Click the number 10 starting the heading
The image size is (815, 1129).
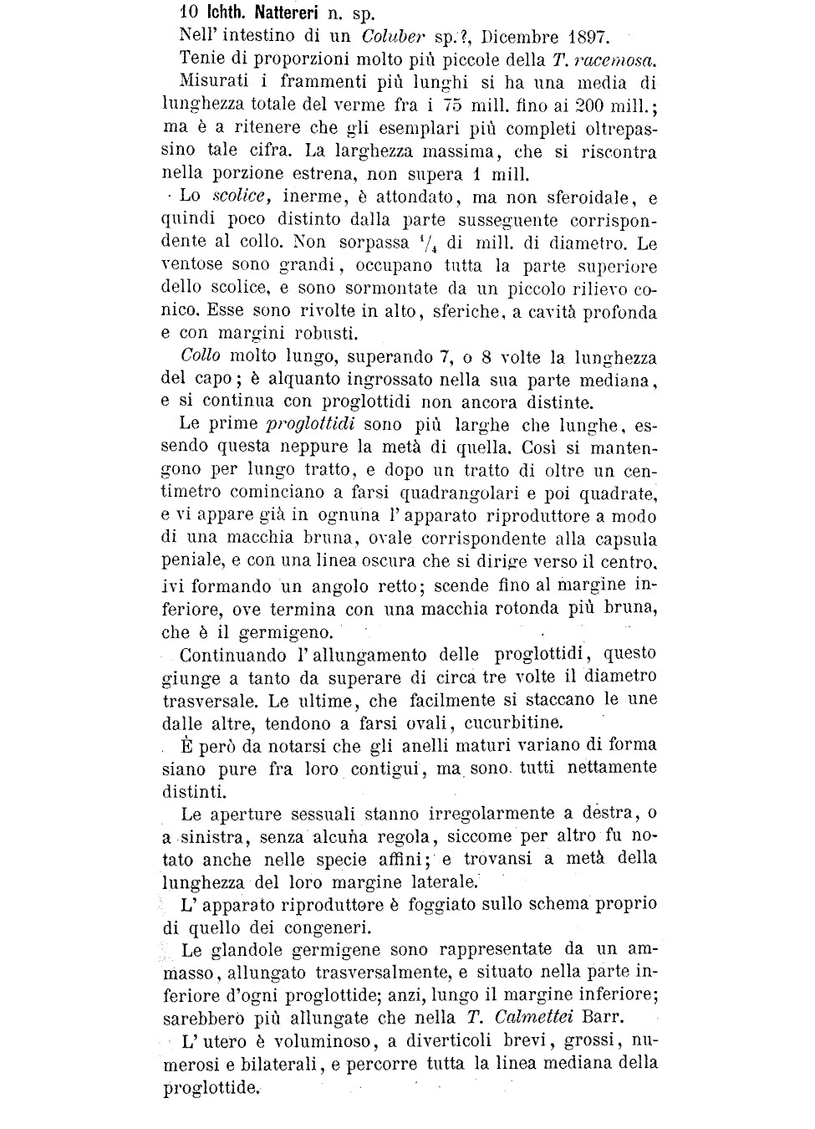[188, 13]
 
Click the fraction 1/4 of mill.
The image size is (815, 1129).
[428, 243]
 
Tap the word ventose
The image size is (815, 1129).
[191, 266]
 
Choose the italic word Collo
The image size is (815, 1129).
[200, 357]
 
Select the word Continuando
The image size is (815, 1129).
[232, 654]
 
